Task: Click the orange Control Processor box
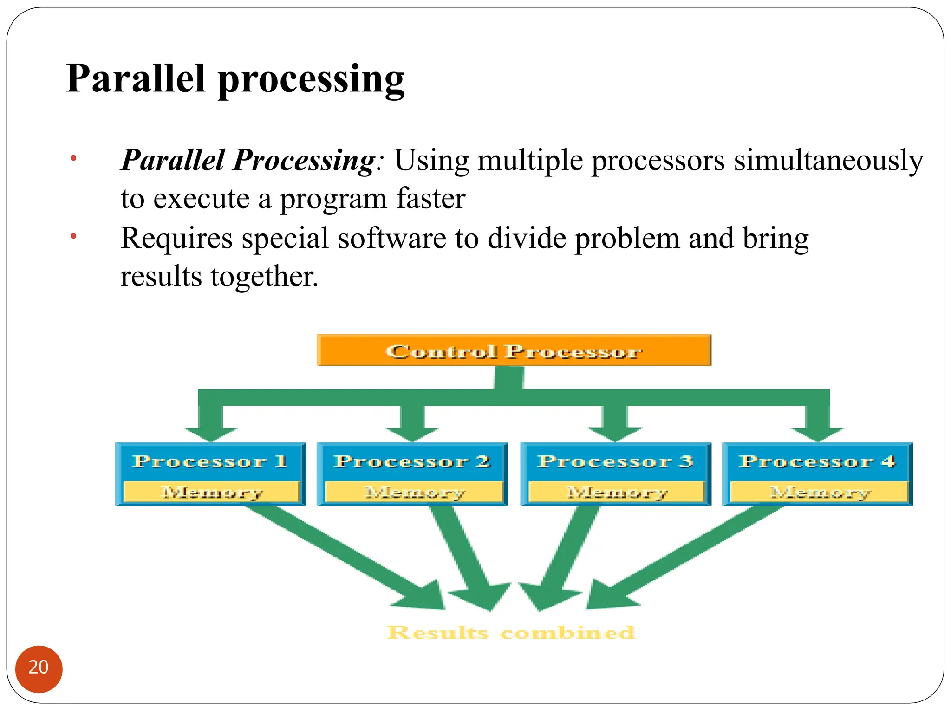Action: pos(514,351)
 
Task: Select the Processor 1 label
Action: pos(209,461)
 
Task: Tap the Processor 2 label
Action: pos(411,461)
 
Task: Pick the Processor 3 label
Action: pos(615,461)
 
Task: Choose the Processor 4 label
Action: pos(817,461)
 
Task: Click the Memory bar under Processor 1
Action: pos(211,492)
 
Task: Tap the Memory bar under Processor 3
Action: pos(617,492)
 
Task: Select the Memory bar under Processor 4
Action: pos(819,492)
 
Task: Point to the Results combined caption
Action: pos(511,633)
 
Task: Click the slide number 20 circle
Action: pos(39,668)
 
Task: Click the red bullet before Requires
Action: pos(73,237)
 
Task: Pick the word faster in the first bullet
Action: pos(430,199)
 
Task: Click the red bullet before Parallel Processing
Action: pos(73,159)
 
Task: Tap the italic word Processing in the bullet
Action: pos(304,161)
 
